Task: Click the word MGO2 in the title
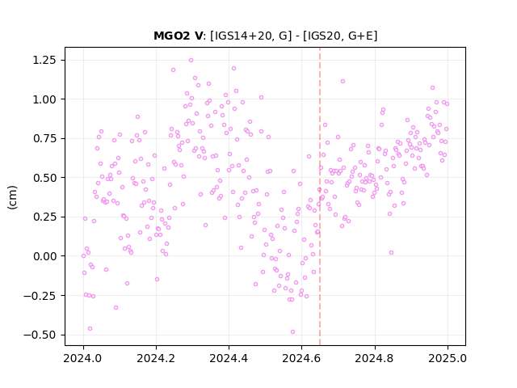click(172, 36)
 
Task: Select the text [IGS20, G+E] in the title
click(340, 36)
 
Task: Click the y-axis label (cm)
click(12, 197)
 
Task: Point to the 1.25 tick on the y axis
click(44, 61)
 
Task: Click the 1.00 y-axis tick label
click(44, 99)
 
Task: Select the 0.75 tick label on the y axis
click(44, 138)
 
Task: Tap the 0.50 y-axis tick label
click(44, 178)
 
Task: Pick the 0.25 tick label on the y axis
click(44, 217)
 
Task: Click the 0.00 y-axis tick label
click(44, 256)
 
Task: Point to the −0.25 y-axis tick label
click(40, 296)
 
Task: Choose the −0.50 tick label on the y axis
click(40, 335)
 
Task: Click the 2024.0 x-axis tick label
click(83, 358)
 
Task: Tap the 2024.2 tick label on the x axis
click(156, 358)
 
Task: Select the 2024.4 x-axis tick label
click(229, 358)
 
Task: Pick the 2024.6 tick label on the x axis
click(301, 358)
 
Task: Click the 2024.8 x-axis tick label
click(375, 358)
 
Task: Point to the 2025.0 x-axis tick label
click(448, 358)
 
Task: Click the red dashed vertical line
click(320, 196)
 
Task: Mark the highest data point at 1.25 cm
click(191, 61)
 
